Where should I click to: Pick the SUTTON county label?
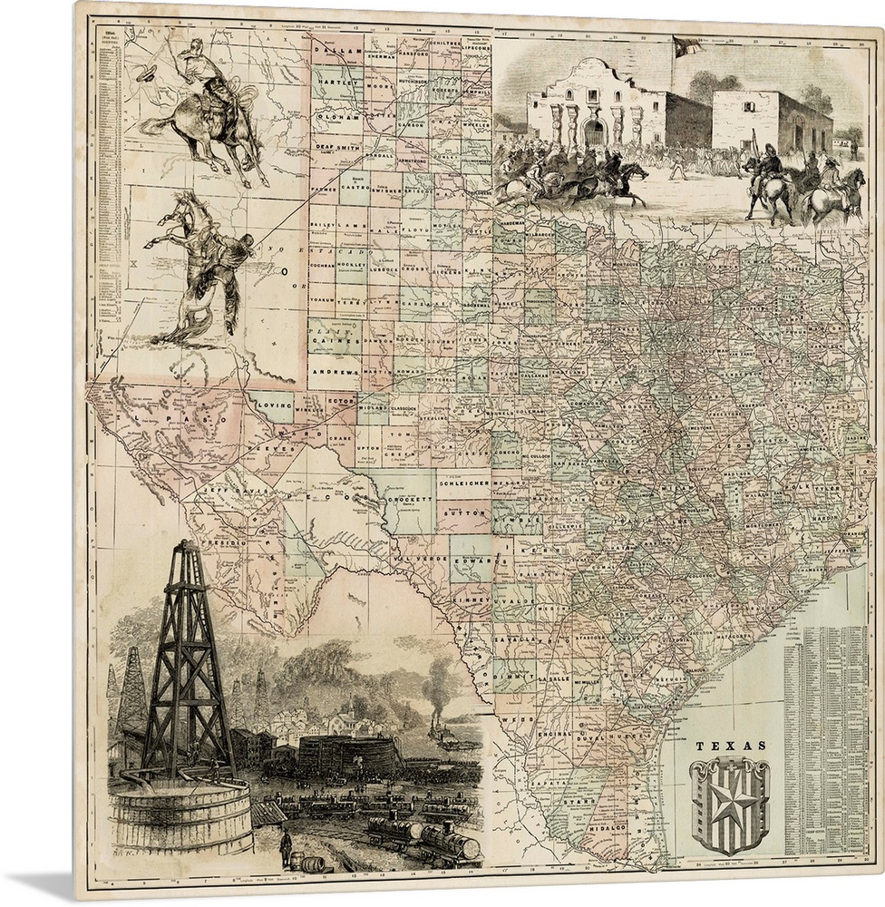click(x=463, y=512)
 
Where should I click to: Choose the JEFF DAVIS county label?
click(x=226, y=489)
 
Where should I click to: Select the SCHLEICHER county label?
click(x=463, y=484)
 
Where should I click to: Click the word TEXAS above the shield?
click(x=730, y=746)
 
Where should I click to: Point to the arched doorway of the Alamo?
click(x=594, y=132)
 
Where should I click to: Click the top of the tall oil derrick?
click(x=186, y=546)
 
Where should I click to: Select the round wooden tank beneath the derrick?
click(x=179, y=816)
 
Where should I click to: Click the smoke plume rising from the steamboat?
click(x=442, y=678)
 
